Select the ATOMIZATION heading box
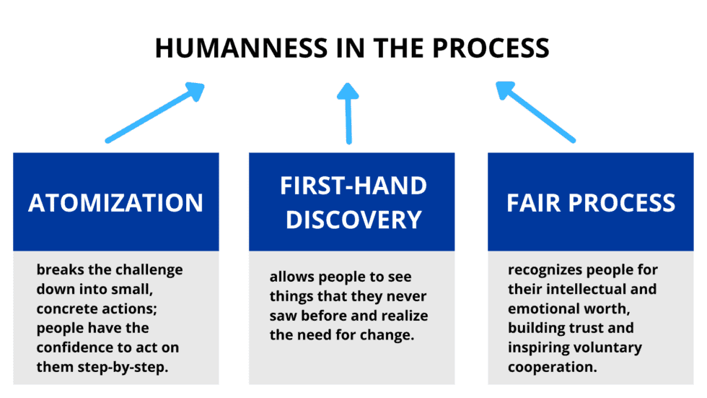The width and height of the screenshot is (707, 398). pyautogui.click(x=115, y=202)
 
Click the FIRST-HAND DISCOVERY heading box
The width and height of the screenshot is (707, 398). pyautogui.click(x=352, y=202)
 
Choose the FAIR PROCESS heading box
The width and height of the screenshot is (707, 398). pyautogui.click(x=590, y=202)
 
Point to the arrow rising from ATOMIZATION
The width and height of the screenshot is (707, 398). pyautogui.click(x=154, y=113)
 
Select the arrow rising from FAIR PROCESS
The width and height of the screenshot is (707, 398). pyautogui.click(x=535, y=111)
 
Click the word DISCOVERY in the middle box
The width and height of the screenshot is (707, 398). pyautogui.click(x=353, y=219)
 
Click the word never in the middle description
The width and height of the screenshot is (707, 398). pyautogui.click(x=408, y=296)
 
